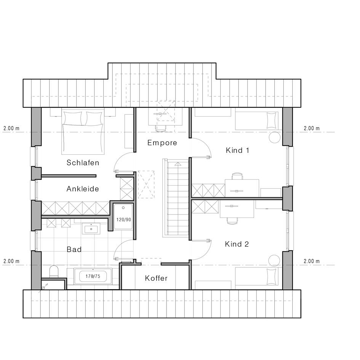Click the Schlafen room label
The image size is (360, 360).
coord(83,163)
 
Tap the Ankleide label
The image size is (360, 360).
coord(83,189)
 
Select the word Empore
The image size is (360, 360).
coord(162,143)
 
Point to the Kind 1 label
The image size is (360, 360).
coord(237,150)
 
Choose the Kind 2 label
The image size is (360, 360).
coord(237,244)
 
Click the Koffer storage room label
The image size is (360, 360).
coord(156,278)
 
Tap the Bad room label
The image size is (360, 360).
coord(74,250)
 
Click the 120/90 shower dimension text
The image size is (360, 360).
coord(123,220)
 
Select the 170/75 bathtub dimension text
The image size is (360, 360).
coord(93,276)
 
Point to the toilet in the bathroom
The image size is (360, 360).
coord(54,271)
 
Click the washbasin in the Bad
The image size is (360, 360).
coord(91,229)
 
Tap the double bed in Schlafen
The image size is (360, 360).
coord(83,132)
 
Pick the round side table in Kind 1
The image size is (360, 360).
coord(274,138)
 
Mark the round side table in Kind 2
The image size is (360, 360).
coord(274,261)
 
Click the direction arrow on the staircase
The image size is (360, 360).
coord(178,164)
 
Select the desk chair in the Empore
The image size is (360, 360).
coord(160,129)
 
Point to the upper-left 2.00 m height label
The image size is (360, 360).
coord(11,128)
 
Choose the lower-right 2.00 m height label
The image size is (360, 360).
coord(312,261)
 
